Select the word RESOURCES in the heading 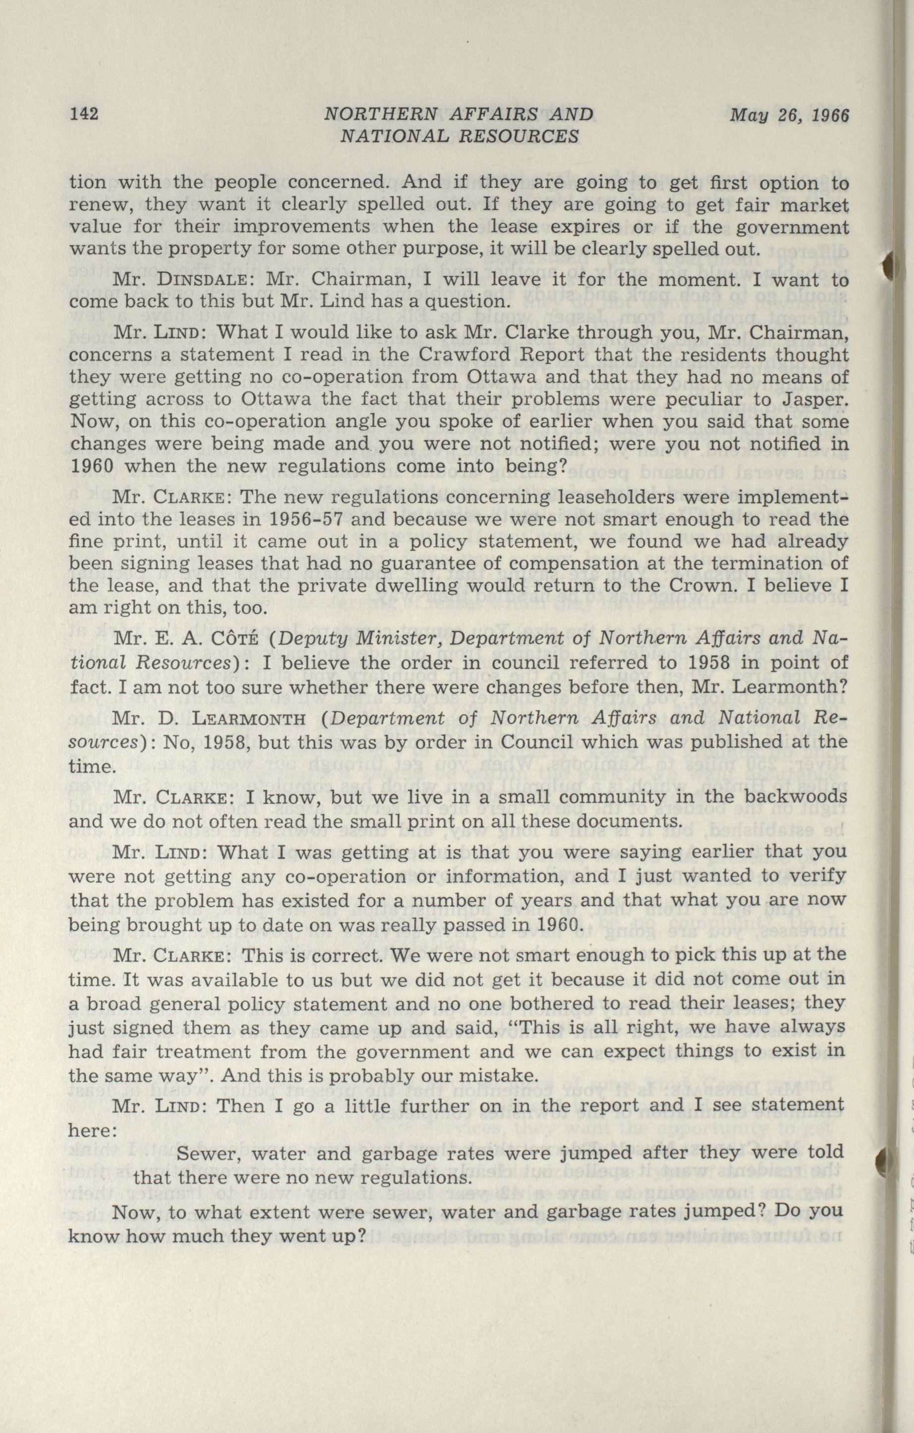point(522,137)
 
